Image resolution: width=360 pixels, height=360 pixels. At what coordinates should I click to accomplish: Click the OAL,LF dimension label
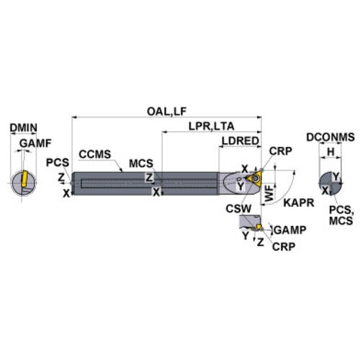coord(166,112)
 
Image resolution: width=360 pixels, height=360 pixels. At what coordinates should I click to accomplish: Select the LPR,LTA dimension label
coord(211,126)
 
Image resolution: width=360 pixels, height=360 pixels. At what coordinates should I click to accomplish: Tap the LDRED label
coord(240,141)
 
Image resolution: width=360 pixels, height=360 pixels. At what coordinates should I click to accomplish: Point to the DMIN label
coord(23,127)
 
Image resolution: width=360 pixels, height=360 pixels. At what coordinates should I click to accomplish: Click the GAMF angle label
coord(35,143)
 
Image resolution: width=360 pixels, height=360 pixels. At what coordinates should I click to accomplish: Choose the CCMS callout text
coord(95,154)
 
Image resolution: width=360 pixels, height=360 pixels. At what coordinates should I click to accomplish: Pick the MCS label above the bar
coord(141,163)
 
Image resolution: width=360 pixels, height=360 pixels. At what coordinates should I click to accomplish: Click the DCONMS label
coord(330,137)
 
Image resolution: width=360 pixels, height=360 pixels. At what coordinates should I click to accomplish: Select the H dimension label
coord(330,152)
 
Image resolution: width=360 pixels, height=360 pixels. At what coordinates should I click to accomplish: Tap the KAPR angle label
coord(299,203)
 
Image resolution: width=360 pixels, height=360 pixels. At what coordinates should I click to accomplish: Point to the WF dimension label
coord(269,193)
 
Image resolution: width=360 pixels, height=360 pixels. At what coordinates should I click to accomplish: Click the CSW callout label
coord(238,209)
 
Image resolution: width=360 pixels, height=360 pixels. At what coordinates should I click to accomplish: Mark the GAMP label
coord(290,230)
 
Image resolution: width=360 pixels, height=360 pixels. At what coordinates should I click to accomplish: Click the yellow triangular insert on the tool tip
coord(256,179)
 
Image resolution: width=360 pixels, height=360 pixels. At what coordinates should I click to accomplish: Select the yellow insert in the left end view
coord(24,179)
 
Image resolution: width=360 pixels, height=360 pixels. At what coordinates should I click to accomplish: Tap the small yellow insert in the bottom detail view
coord(258,227)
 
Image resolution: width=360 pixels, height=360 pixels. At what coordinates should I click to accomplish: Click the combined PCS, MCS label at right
coord(341,215)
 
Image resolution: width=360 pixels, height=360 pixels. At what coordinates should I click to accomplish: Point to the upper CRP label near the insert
coord(281,151)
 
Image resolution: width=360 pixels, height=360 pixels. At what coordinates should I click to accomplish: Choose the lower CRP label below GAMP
coord(284,246)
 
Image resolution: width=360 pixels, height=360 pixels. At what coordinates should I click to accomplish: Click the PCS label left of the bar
coord(58,163)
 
